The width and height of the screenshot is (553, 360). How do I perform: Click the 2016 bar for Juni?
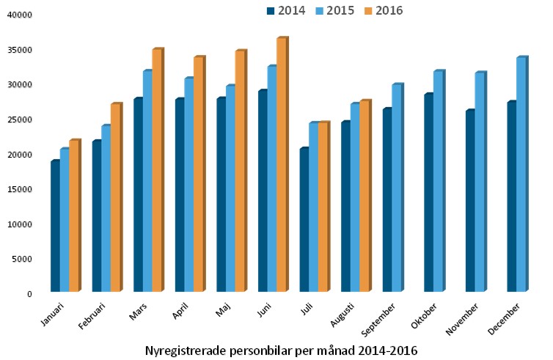pos(281,165)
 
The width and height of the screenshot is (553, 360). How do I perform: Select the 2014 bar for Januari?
pos(55,227)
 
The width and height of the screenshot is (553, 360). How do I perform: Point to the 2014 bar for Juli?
pos(304,220)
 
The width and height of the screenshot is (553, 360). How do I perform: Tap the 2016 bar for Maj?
pos(239,172)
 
